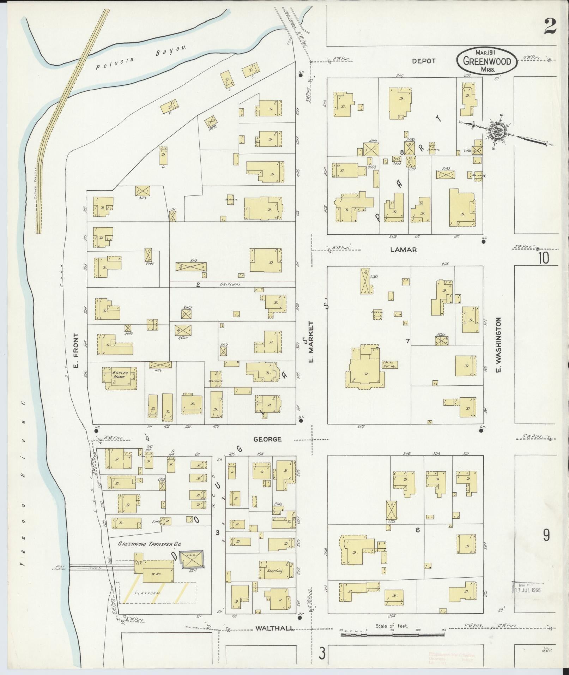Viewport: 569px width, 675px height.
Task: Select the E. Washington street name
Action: pyautogui.click(x=498, y=345)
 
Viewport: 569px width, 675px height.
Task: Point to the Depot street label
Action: pyautogui.click(x=424, y=61)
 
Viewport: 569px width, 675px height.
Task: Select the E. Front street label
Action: pyautogui.click(x=76, y=351)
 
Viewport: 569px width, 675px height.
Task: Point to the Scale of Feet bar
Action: pyautogui.click(x=392, y=634)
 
